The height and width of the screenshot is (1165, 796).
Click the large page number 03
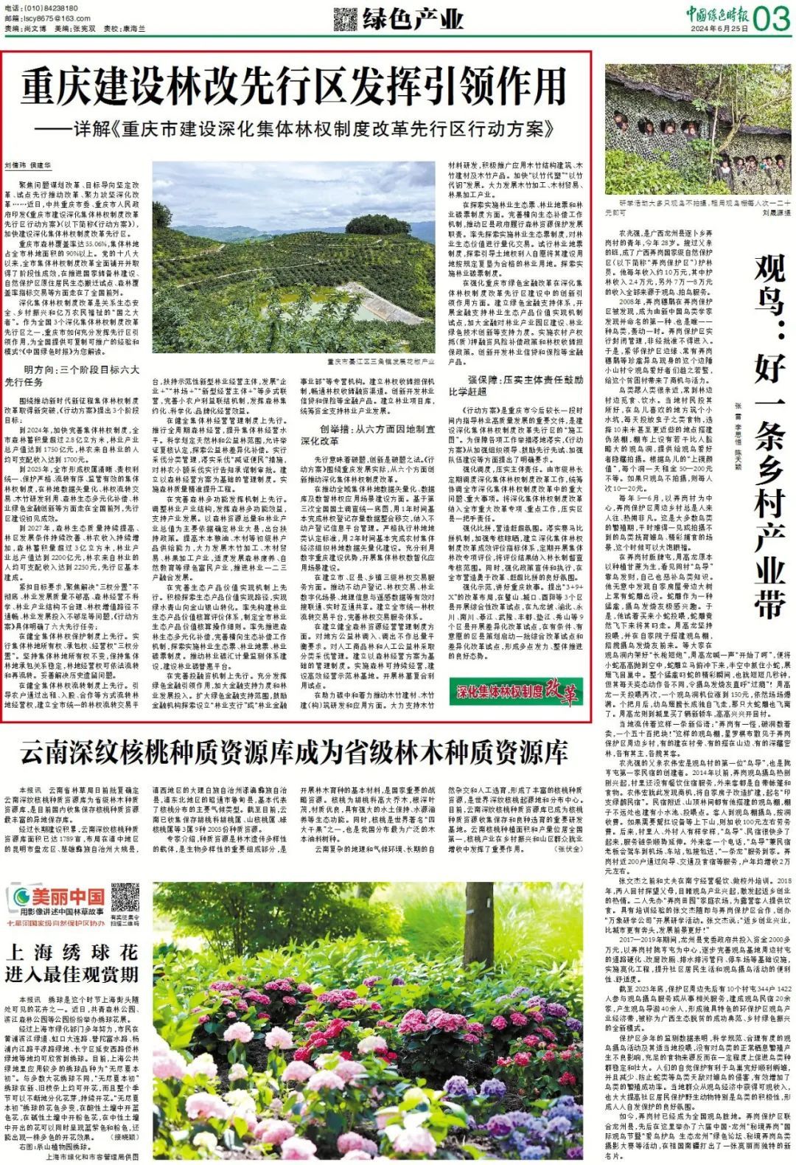771,18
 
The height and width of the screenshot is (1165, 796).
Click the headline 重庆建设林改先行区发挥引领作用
293,87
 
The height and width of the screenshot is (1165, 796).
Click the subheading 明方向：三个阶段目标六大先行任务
72,376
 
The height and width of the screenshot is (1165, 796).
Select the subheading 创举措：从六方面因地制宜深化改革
367,435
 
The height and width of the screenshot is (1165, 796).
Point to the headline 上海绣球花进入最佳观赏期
71,962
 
